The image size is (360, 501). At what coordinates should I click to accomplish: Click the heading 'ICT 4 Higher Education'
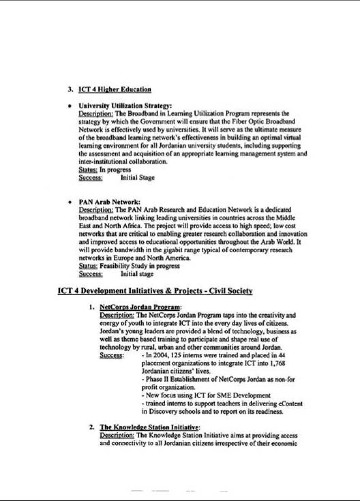115,90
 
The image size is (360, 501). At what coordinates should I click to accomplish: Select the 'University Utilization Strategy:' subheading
125,106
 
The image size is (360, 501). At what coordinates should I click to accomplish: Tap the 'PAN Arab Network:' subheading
110,202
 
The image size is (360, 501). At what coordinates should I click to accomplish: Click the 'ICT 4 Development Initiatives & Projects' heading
155,291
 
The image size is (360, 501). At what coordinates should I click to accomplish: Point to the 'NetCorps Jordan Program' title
140,307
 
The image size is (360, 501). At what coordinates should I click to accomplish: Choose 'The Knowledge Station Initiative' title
149,427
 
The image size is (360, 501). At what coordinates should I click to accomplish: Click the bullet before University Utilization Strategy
70,106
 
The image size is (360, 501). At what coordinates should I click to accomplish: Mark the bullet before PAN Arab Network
70,202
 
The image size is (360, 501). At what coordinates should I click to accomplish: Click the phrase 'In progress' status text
115,170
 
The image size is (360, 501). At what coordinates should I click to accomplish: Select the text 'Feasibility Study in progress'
139,266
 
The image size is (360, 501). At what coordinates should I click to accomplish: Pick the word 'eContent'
290,404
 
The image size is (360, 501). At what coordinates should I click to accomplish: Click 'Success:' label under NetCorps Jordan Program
112,355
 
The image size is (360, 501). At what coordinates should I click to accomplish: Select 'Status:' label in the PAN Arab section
88,266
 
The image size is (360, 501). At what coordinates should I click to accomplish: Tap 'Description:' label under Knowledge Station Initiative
117,435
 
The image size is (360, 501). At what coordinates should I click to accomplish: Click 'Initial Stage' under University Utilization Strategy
137,178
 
